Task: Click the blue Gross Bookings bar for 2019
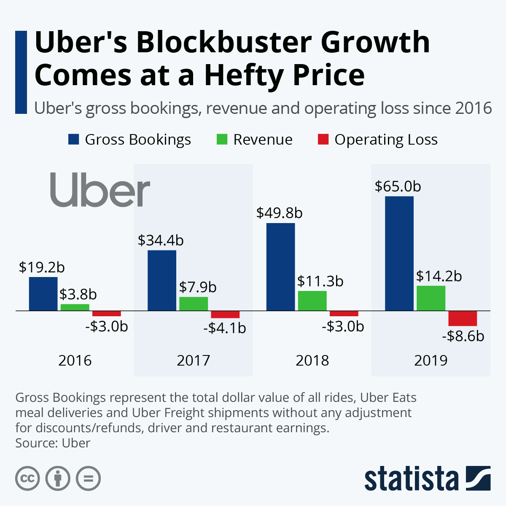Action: (399, 253)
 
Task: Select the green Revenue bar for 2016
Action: (75, 307)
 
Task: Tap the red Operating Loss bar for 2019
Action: (463, 318)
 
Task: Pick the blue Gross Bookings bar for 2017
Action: (162, 280)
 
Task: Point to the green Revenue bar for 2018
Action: (312, 301)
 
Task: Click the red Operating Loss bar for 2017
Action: (225, 315)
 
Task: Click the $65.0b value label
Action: (398, 186)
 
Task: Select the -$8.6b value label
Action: (463, 336)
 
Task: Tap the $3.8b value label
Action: (78, 294)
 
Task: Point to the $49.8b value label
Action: (279, 213)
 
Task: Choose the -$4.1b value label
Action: (224, 328)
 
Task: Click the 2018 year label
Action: (312, 361)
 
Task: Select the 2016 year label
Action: (75, 361)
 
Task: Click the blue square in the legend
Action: (74, 140)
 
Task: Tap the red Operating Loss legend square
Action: (323, 140)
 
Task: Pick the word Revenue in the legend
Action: (263, 140)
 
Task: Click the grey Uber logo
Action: (100, 189)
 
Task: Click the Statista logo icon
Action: (478, 478)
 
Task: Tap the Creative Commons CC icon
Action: (28, 479)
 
